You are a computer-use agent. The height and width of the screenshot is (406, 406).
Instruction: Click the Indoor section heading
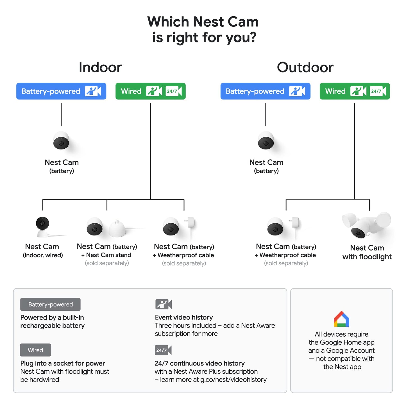[x=100, y=67]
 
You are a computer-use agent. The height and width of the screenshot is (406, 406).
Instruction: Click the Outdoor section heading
[x=305, y=67]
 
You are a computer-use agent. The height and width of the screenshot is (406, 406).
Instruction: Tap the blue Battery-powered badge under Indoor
[x=61, y=91]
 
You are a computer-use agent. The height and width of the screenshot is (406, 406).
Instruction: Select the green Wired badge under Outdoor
[x=355, y=91]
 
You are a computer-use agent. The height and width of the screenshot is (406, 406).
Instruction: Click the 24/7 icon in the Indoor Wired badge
[x=173, y=91]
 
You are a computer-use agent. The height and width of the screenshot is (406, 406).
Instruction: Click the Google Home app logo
[x=341, y=319]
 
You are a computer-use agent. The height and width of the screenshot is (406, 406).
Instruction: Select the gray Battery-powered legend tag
[x=50, y=305]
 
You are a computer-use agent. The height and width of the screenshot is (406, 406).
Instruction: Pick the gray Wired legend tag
[x=35, y=350]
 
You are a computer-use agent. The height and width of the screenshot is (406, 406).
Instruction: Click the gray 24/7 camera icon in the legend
[x=163, y=350]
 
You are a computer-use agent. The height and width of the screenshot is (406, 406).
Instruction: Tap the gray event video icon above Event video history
[x=163, y=304]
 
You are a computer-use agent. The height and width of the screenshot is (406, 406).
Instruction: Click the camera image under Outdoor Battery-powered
[x=266, y=140]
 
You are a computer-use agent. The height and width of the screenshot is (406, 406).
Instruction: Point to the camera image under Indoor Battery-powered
[x=61, y=140]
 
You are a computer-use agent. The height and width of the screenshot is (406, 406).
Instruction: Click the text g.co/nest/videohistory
[x=233, y=380]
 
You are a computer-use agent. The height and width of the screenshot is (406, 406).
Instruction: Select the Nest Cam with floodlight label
[x=367, y=252]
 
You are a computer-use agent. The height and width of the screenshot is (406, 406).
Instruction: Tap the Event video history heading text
[x=184, y=317]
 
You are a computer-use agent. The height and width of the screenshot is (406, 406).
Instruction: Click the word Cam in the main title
[x=243, y=22]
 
